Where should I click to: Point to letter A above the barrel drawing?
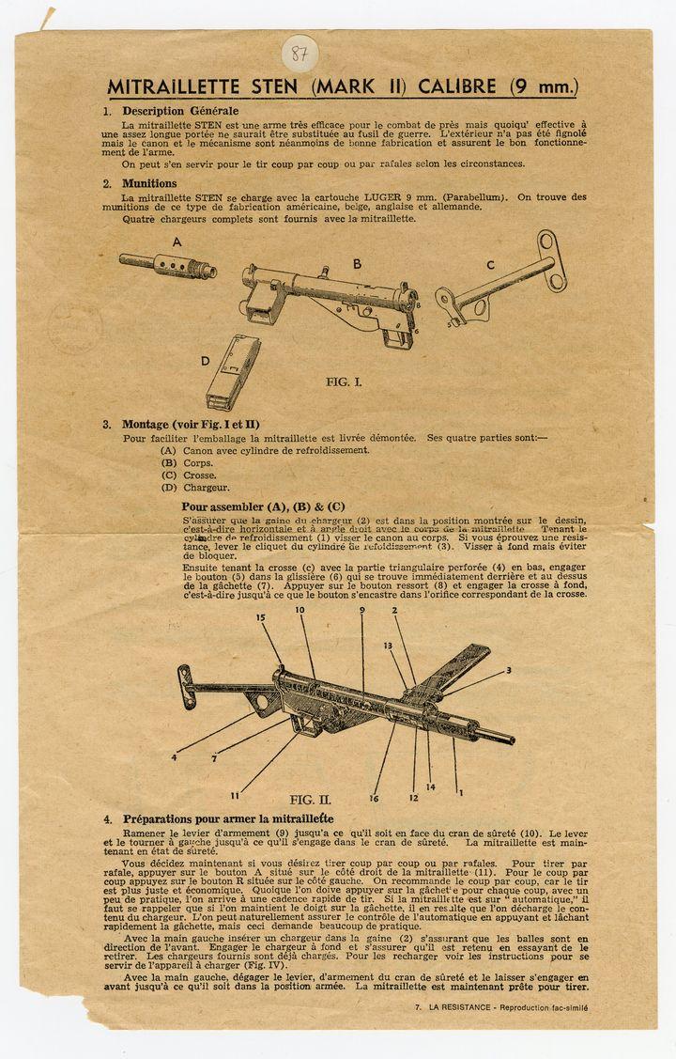click(177, 241)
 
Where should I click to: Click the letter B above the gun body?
click(357, 264)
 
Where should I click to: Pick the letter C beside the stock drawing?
click(490, 264)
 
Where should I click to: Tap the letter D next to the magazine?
click(205, 360)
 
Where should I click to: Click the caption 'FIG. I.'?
click(344, 382)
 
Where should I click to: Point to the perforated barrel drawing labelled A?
click(169, 264)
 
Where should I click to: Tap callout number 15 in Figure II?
click(261, 617)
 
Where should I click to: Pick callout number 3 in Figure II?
click(509, 670)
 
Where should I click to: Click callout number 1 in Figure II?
click(460, 792)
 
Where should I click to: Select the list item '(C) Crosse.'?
click(188, 475)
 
